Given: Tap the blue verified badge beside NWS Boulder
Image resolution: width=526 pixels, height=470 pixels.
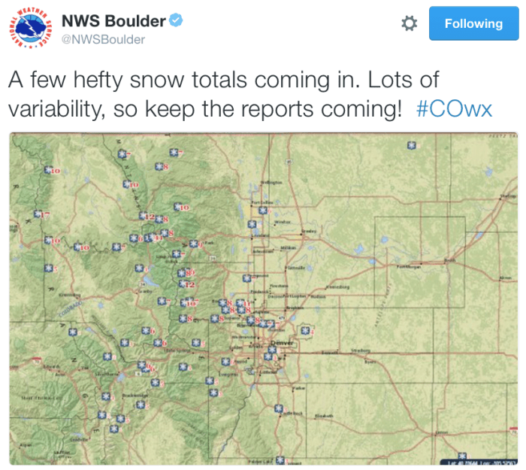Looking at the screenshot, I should [x=175, y=20].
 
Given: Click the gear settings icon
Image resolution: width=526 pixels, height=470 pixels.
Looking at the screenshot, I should [x=409, y=24].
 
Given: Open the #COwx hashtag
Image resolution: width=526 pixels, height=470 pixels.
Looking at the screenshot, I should [x=454, y=109].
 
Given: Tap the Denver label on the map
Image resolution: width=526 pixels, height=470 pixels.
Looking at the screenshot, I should [x=281, y=342].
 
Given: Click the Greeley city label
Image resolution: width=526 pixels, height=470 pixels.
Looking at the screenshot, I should [x=308, y=231].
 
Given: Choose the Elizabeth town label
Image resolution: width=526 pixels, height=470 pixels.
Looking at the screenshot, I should [x=324, y=414].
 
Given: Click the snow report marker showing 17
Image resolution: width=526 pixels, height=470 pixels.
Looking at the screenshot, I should [x=43, y=216].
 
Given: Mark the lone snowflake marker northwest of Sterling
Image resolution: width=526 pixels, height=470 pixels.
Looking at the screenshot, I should [x=411, y=145].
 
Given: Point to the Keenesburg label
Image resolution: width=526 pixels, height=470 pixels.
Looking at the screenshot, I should [x=340, y=286].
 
